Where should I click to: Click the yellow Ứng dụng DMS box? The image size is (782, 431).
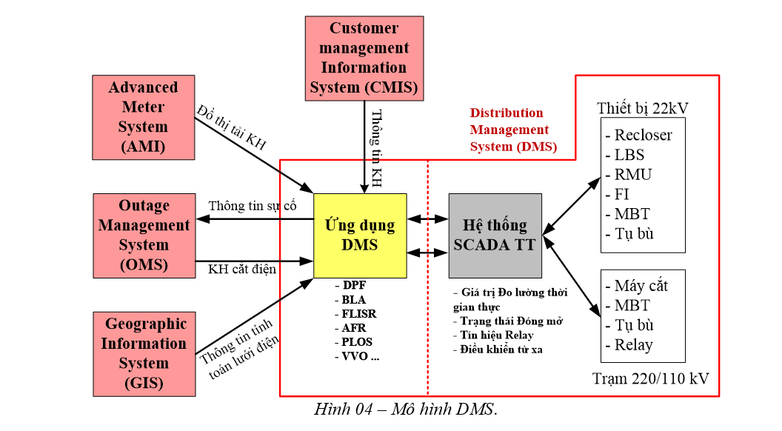[x=360, y=235]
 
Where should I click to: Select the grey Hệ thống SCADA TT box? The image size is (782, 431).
[x=495, y=235]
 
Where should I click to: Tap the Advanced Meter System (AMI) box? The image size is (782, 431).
[x=143, y=117]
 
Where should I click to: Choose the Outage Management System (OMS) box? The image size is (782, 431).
[x=143, y=235]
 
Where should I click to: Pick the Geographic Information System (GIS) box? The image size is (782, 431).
[x=143, y=353]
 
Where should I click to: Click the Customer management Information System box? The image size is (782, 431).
[x=364, y=59]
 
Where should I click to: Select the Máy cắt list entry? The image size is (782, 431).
[x=641, y=286]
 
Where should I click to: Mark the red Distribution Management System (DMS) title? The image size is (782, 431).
[x=511, y=130]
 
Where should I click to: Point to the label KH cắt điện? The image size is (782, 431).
[x=242, y=270]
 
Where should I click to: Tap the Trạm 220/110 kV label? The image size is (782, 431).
[x=651, y=379]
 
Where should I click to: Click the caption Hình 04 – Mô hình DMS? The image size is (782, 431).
[x=406, y=409]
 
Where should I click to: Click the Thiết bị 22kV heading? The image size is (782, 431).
[x=643, y=108]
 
